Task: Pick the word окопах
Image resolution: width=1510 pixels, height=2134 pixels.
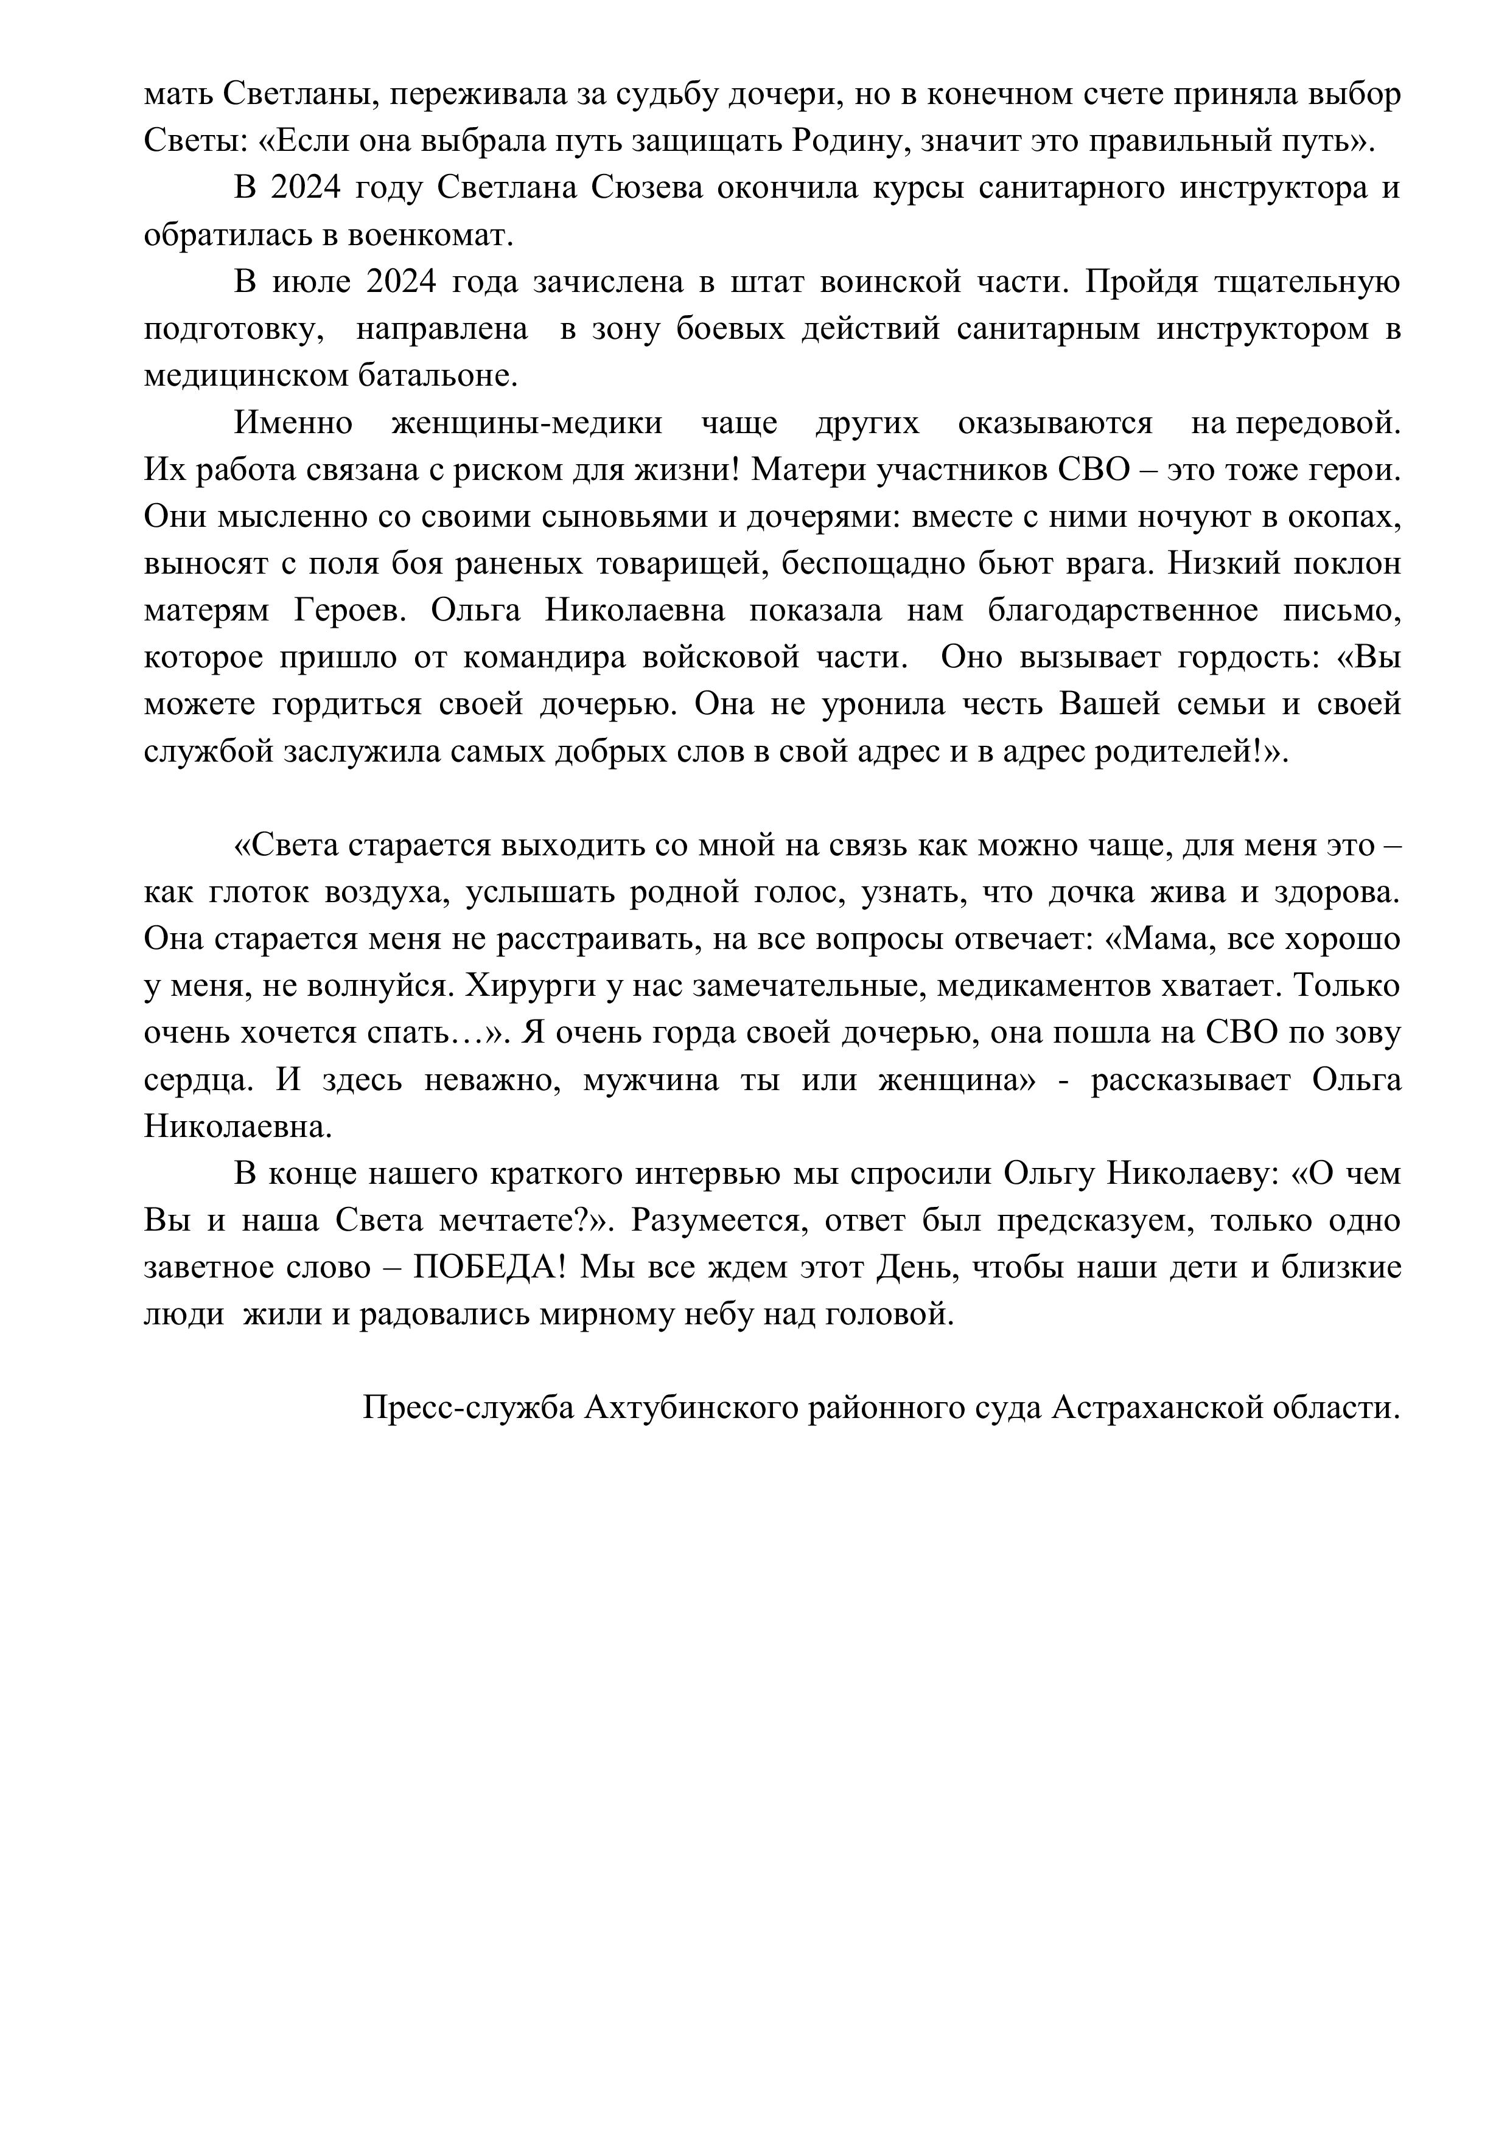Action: (1341, 516)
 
